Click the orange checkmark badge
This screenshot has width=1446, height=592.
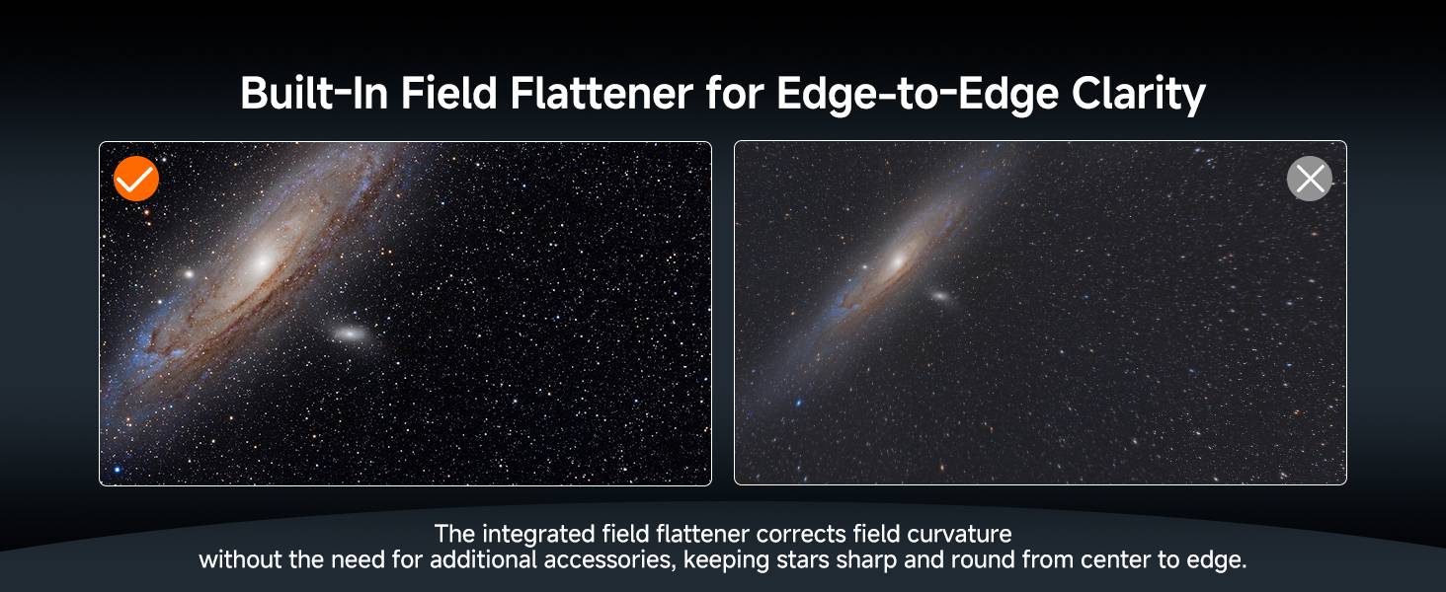click(x=136, y=179)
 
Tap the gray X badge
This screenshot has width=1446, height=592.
click(x=1309, y=179)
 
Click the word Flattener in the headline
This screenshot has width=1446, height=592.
click(x=601, y=94)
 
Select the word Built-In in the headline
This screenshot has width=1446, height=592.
click(x=314, y=94)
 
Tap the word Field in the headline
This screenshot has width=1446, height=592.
click(x=448, y=94)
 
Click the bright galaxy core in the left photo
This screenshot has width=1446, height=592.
click(x=263, y=261)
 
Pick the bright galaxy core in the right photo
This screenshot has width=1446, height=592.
click(x=897, y=260)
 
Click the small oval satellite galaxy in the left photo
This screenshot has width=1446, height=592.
click(x=350, y=333)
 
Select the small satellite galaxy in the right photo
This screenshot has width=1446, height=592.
click(x=940, y=296)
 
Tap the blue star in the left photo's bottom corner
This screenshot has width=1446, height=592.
click(x=118, y=470)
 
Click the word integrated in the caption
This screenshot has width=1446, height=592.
click(x=538, y=535)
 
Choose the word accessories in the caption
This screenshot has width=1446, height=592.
click(x=609, y=559)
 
